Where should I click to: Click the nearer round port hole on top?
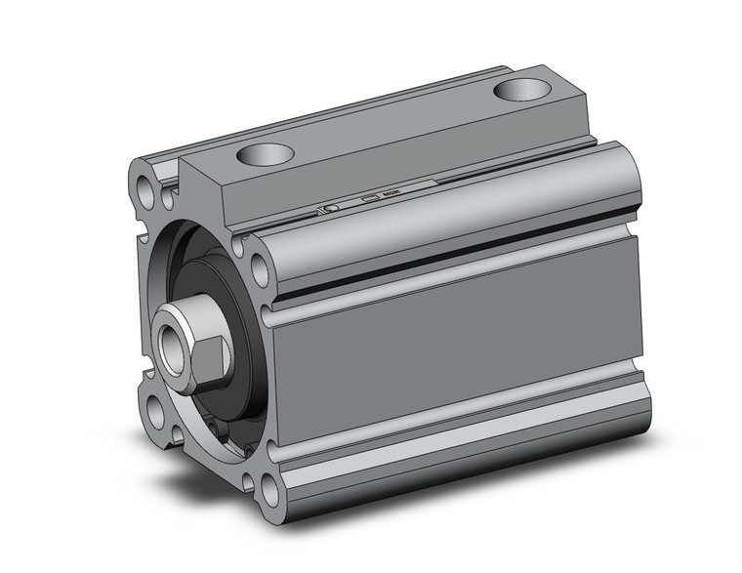pos(265,153)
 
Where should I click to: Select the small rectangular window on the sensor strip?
pos(369,199)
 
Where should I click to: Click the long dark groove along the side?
pos(459,255)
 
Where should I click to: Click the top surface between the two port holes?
pos(391,122)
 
